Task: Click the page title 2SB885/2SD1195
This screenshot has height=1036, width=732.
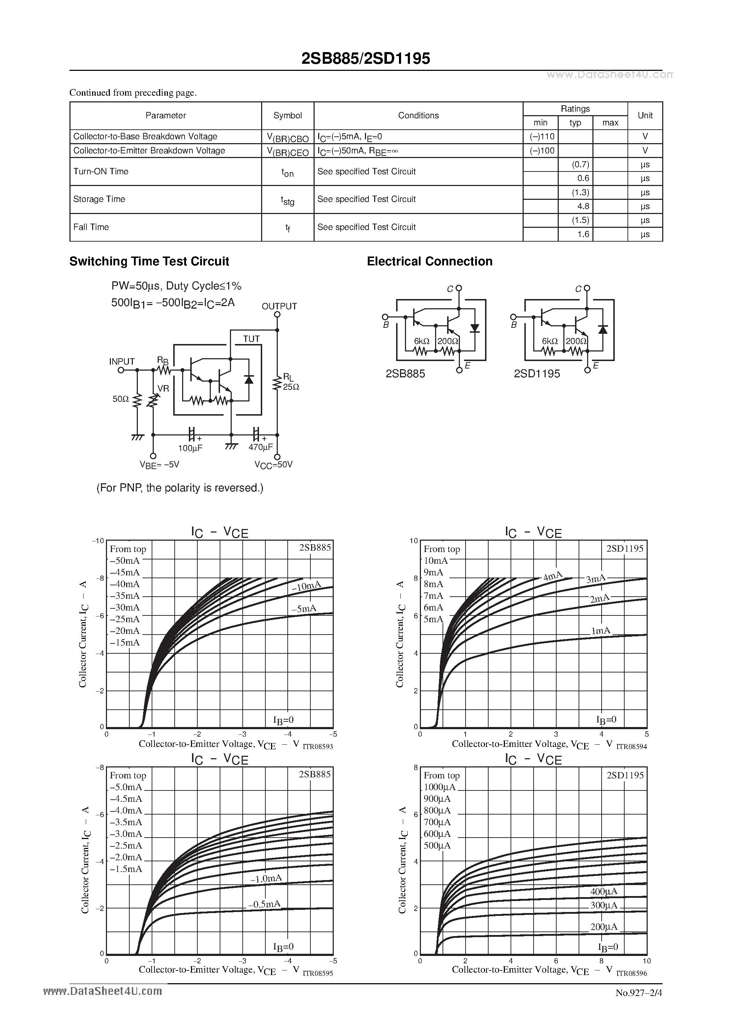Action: (x=366, y=59)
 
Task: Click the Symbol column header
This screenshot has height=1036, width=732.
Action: (x=287, y=116)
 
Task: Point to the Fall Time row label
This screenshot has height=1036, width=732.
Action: (x=91, y=227)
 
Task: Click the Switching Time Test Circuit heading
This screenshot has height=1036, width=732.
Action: (x=149, y=261)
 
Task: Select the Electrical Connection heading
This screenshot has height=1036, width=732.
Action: (x=429, y=261)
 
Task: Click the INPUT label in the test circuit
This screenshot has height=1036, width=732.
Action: (x=122, y=361)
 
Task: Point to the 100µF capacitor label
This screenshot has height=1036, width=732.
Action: (x=190, y=448)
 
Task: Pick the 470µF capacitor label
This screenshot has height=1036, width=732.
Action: (x=261, y=447)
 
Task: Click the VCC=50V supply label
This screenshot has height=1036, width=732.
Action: (x=274, y=464)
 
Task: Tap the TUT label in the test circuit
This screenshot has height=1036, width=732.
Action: (x=251, y=339)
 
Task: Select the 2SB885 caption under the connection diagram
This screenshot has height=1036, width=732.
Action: (x=405, y=373)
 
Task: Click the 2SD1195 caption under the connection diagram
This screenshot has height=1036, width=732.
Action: (x=536, y=373)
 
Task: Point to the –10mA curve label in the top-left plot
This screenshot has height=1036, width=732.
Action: (x=306, y=586)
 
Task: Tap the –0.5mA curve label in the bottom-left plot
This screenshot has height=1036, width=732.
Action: (x=264, y=904)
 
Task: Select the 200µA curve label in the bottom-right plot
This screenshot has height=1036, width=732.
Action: (x=604, y=927)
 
